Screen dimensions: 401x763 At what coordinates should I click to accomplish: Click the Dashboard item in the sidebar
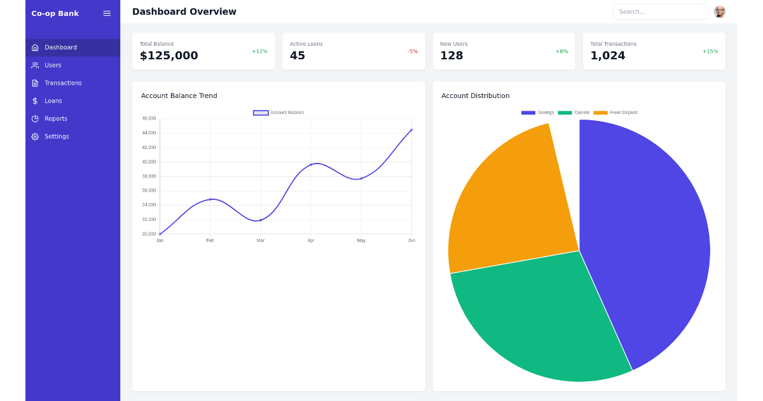[60, 48]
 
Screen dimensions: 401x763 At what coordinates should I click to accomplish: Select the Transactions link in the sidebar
[63, 83]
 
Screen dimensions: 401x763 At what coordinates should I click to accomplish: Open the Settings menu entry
[57, 137]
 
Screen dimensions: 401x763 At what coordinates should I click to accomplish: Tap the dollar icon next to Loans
[35, 101]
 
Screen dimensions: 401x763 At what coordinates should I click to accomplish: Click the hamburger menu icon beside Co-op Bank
[107, 13]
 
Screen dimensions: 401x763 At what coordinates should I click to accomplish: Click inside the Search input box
[659, 12]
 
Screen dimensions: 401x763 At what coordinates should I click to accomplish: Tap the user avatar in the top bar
[719, 12]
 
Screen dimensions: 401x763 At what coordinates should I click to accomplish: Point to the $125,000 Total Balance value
[168, 56]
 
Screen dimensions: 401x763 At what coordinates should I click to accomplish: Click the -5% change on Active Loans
[413, 52]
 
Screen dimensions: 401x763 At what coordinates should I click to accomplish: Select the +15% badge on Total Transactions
[710, 52]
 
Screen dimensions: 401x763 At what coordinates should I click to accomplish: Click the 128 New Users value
[451, 56]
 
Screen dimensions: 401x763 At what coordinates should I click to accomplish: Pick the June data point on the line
[411, 130]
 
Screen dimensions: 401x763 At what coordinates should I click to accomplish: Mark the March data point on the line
[261, 220]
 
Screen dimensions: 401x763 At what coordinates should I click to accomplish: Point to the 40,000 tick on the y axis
[149, 162]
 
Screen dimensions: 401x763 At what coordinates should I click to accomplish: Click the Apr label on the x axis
[311, 241]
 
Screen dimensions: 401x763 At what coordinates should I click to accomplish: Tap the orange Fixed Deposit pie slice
[509, 204]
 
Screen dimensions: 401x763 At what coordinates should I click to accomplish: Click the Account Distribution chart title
[475, 96]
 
